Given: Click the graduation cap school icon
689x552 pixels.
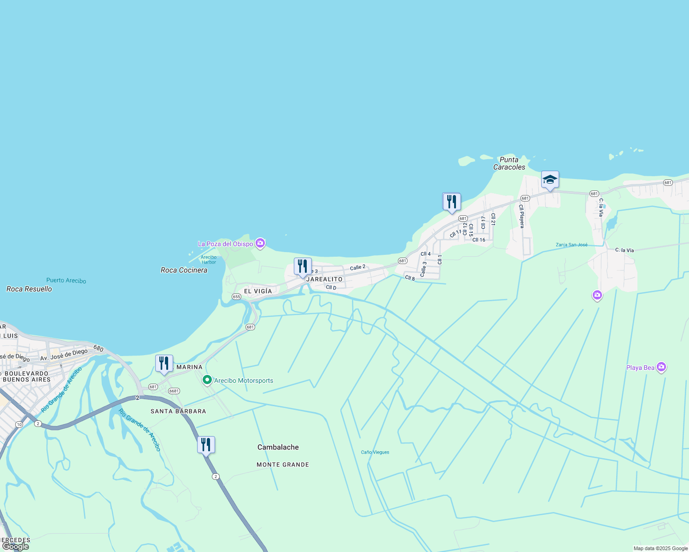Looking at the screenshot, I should click(x=550, y=180).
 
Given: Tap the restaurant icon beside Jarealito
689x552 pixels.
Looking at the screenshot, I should click(x=303, y=267).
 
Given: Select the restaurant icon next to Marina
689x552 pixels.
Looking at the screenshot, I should click(x=164, y=364).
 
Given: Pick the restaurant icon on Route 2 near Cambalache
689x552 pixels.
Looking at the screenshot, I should click(x=206, y=445).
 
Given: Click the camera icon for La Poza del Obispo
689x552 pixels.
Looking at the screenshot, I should click(x=260, y=243).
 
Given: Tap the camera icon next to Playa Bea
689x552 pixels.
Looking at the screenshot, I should click(x=661, y=367).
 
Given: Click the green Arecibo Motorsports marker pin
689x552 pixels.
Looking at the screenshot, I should click(x=207, y=380).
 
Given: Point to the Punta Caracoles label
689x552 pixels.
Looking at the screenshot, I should click(x=509, y=163).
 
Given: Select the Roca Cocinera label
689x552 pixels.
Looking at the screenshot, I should click(x=184, y=270).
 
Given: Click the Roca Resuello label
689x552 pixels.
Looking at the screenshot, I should click(x=29, y=289).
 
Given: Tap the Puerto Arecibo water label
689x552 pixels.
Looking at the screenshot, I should click(x=66, y=281).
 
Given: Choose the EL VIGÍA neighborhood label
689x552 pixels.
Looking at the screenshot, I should click(x=258, y=291).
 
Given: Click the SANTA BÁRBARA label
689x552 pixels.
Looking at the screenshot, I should click(x=178, y=411).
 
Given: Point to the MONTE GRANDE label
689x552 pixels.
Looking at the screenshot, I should click(x=283, y=465).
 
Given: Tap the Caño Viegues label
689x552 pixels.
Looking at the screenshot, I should click(x=375, y=452).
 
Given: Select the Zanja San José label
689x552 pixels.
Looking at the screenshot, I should click(x=572, y=245).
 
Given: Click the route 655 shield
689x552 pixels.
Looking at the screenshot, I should click(x=236, y=297).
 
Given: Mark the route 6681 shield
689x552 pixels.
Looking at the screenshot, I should click(x=174, y=391).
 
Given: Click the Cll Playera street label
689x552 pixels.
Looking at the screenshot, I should click(x=521, y=216).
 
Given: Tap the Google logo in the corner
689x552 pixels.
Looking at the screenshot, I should click(x=15, y=546).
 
